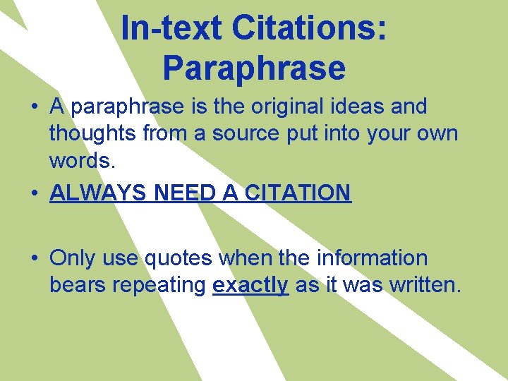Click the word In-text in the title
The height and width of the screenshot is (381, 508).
pyautogui.click(x=169, y=29)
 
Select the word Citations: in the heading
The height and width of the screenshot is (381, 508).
pyautogui.click(x=308, y=29)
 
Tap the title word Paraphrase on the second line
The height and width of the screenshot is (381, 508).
pyautogui.click(x=254, y=68)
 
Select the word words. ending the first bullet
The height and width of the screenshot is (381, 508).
pyautogui.click(x=81, y=160)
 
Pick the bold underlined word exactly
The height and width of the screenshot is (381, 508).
pyautogui.click(x=250, y=285)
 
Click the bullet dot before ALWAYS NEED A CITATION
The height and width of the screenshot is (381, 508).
pyautogui.click(x=34, y=193)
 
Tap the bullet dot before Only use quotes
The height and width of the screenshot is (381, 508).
pyautogui.click(x=34, y=259)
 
